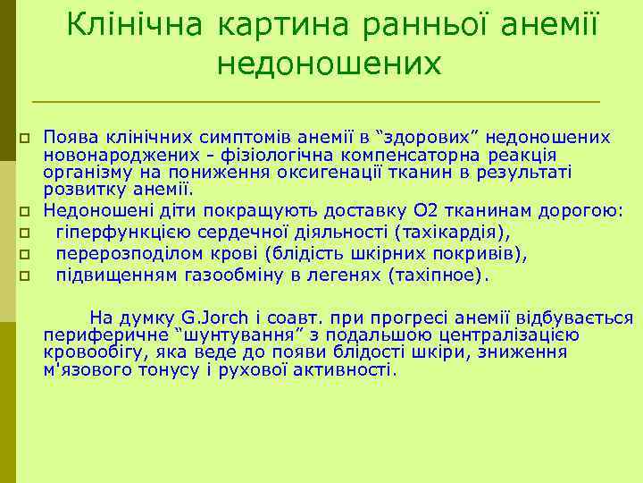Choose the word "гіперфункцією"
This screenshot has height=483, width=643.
[x=111, y=233]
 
